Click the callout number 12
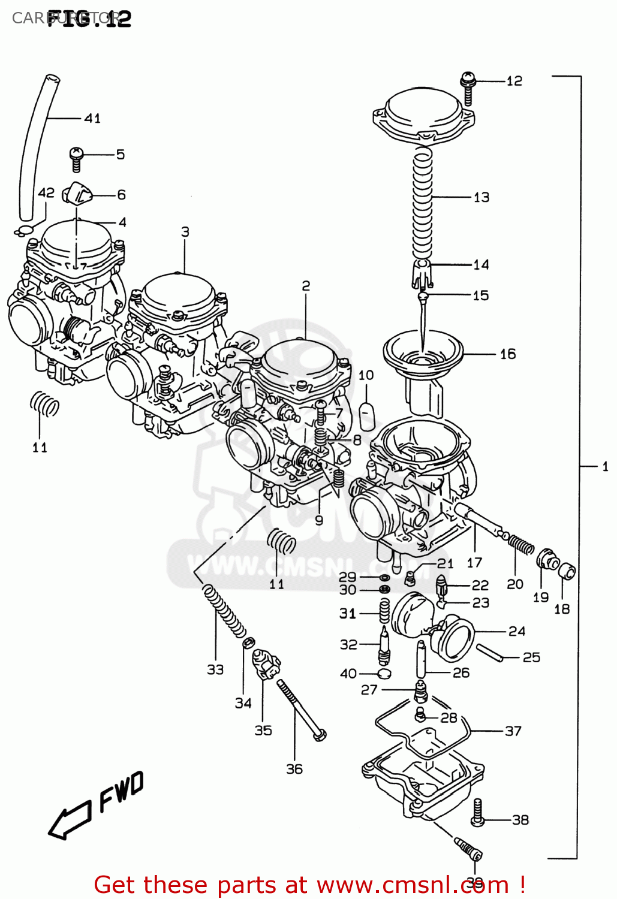[x=514, y=81]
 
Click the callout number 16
[x=507, y=354]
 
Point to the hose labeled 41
[x=35, y=144]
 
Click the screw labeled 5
[x=76, y=159]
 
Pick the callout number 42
[x=46, y=193]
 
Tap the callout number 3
[x=185, y=232]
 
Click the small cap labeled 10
[x=366, y=413]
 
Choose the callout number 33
[x=215, y=669]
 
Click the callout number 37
[x=513, y=731]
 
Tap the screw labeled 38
[x=478, y=813]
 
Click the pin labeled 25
[x=490, y=653]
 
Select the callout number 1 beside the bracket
[x=605, y=466]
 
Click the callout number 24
[x=516, y=631]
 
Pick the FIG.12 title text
[x=89, y=19]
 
